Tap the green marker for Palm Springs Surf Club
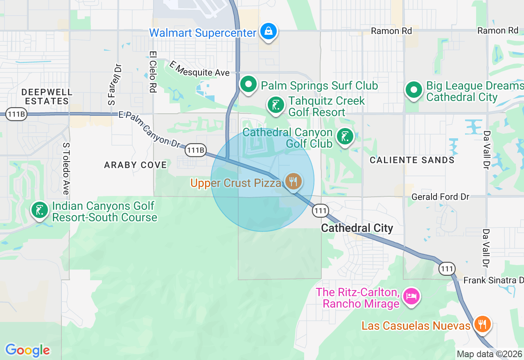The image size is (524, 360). pyautogui.click(x=248, y=85)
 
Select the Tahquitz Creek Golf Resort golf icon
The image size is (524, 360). pyautogui.click(x=276, y=106)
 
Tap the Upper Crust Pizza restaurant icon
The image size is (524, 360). pyautogui.click(x=293, y=181)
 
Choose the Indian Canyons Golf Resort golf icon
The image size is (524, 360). pyautogui.click(x=40, y=211)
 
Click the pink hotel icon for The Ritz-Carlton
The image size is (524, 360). pyautogui.click(x=411, y=297)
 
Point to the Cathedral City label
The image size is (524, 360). pyautogui.click(x=357, y=228)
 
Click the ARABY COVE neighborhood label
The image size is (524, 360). pyautogui.click(x=136, y=165)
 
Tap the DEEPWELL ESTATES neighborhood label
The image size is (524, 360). pyautogui.click(x=47, y=97)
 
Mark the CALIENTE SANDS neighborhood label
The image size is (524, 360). pyautogui.click(x=412, y=160)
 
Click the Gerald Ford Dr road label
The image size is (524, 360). pyautogui.click(x=440, y=197)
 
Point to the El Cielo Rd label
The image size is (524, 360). pyautogui.click(x=153, y=72)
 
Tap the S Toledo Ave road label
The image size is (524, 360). pyautogui.click(x=65, y=169)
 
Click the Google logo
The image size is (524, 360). pyautogui.click(x=27, y=350)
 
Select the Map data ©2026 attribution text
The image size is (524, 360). pyautogui.click(x=489, y=354)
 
